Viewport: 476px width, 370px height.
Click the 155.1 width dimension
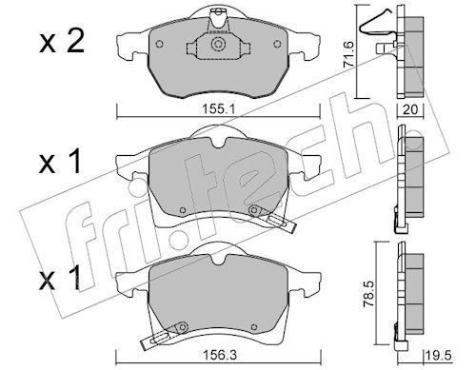[218, 109]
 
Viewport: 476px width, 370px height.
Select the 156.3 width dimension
[219, 355]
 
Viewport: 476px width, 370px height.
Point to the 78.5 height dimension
[368, 295]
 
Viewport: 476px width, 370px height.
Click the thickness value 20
[410, 109]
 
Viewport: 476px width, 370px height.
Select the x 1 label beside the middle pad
[60, 163]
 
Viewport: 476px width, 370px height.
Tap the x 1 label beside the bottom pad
[59, 279]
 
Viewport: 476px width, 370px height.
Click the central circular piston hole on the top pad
[218, 44]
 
